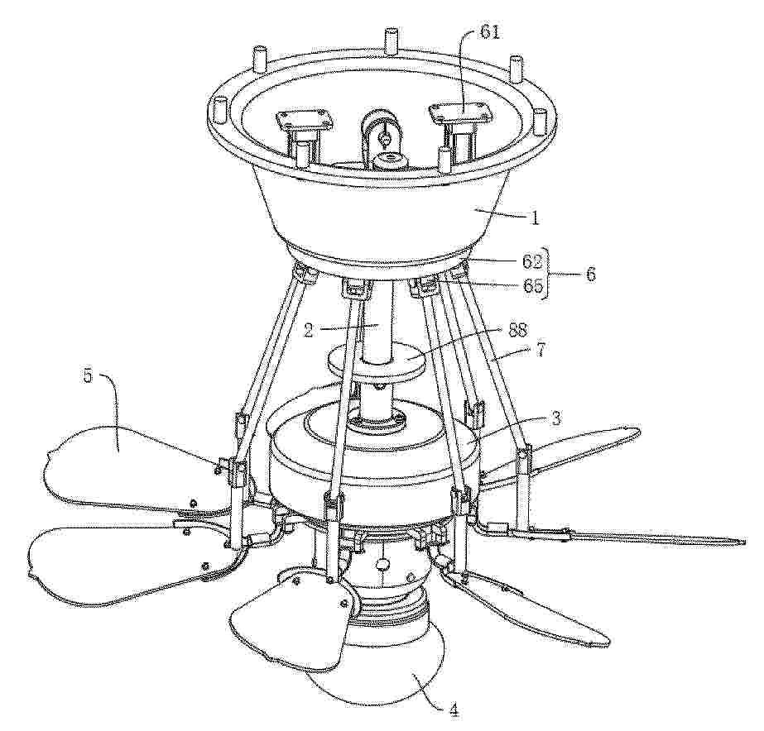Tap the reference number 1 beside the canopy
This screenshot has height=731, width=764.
(535, 218)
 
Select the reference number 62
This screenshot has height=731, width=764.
(531, 262)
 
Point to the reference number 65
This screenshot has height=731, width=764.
(531, 284)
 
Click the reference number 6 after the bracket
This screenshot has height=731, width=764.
(590, 274)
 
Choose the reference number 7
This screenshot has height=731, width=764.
(541, 350)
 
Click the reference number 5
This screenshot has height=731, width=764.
(88, 376)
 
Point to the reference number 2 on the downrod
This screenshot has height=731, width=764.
(308, 330)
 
